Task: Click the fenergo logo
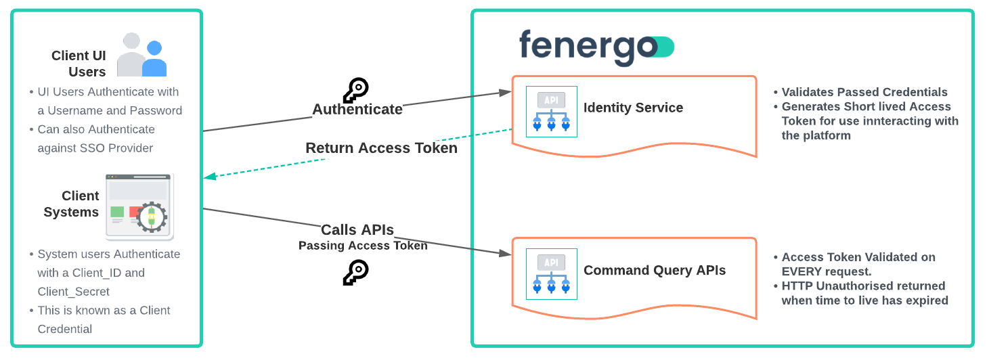click(x=596, y=47)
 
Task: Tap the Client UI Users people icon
click(x=141, y=55)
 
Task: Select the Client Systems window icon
click(x=139, y=206)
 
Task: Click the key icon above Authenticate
click(x=355, y=90)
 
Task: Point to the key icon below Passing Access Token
click(x=355, y=271)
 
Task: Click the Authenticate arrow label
click(x=357, y=109)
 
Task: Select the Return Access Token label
click(x=381, y=148)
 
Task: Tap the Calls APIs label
click(x=357, y=229)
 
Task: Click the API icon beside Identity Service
click(x=552, y=112)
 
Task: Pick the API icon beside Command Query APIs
click(x=552, y=274)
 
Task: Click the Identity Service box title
click(x=633, y=108)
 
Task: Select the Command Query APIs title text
click(x=655, y=271)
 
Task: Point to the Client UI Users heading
click(x=79, y=64)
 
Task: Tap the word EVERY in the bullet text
click(x=804, y=271)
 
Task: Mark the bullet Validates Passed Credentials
click(x=864, y=92)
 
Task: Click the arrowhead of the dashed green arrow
click(x=209, y=177)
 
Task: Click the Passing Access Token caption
click(x=363, y=246)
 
